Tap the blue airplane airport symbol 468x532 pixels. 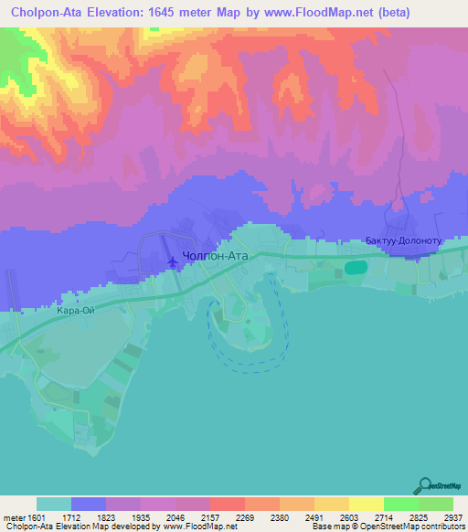(174, 262)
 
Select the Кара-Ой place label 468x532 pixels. (76, 311)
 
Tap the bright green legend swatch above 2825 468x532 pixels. (400, 504)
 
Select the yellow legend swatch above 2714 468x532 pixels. (366, 504)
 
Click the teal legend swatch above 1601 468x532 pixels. (54, 504)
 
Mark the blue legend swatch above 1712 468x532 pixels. (89, 504)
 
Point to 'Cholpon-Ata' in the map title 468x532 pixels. (44, 13)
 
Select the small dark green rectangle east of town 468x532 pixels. (356, 267)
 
